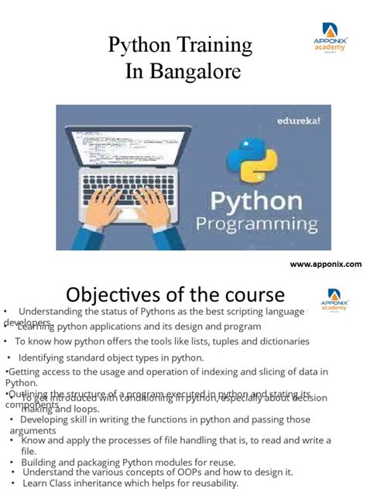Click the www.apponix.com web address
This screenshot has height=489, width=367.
pyautogui.click(x=325, y=264)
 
